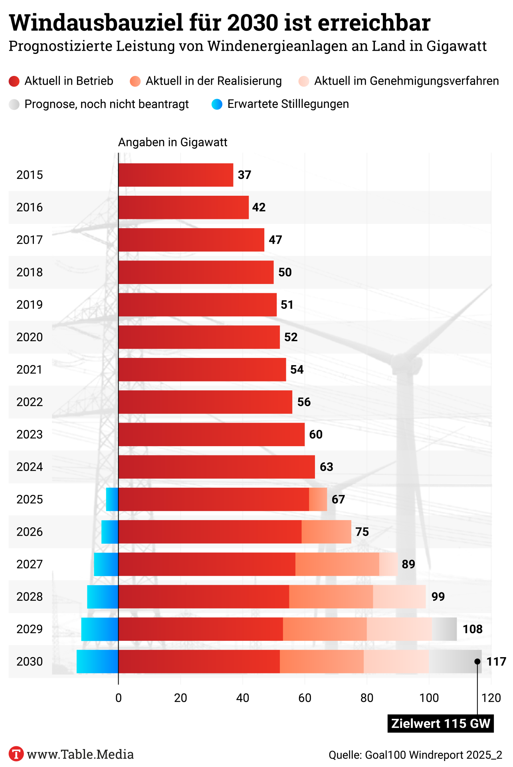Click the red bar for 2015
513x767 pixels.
(176, 175)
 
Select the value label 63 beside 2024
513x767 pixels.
(326, 467)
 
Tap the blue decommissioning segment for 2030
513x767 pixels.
(97, 662)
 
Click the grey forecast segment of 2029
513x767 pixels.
(444, 629)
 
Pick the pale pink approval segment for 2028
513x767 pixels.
(399, 597)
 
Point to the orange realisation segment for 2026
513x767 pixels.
(326, 532)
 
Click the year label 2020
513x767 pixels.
(30, 337)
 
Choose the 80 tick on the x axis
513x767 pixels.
(366, 698)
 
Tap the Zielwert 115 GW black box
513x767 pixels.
(440, 723)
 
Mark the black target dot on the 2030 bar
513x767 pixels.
(477, 662)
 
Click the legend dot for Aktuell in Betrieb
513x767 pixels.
(14, 81)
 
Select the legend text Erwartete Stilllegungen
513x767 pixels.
(288, 104)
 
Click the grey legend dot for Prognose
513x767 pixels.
(14, 104)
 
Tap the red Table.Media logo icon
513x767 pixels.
(16, 754)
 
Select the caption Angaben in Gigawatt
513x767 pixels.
(172, 143)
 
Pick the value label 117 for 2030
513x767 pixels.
(496, 662)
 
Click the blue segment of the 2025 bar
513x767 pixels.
(112, 499)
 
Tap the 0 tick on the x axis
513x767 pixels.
(119, 698)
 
